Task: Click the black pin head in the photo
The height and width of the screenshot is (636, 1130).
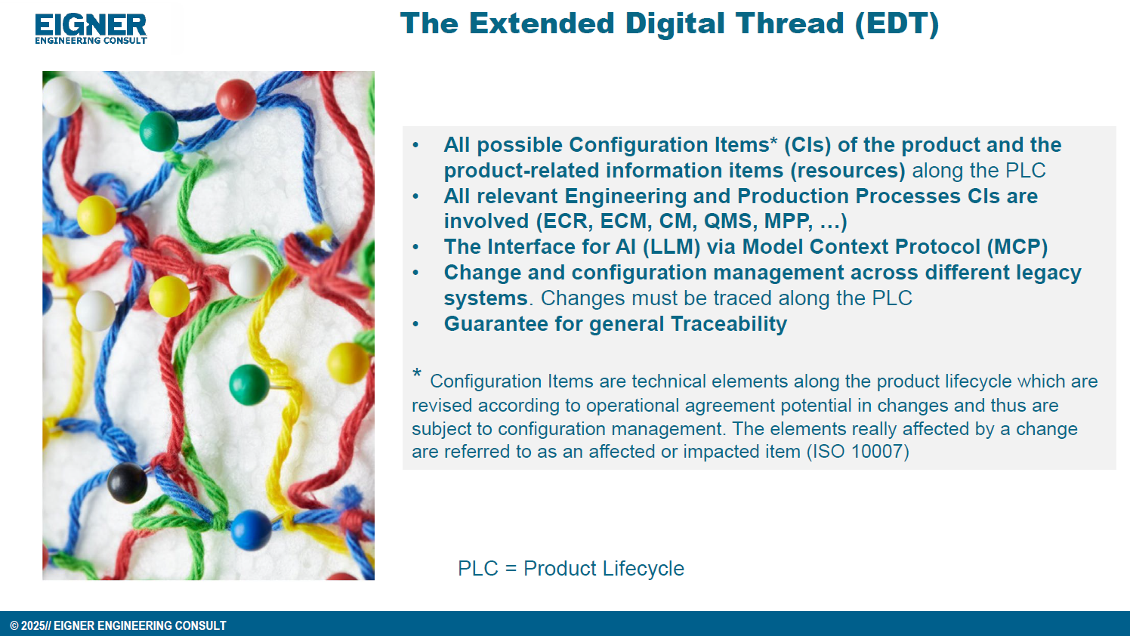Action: [x=127, y=483]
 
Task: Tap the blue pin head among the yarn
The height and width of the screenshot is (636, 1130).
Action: [x=251, y=530]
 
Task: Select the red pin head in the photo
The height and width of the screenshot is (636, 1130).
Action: [x=236, y=100]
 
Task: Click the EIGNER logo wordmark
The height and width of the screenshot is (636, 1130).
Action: [x=91, y=25]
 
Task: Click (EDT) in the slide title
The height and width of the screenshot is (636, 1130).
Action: [x=897, y=24]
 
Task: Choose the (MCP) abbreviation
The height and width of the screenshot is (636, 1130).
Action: [x=1017, y=247]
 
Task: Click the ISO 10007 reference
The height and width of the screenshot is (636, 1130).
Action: [x=857, y=452]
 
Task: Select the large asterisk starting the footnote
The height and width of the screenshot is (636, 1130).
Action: [x=417, y=374]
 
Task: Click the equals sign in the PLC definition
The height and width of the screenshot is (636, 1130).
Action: [x=511, y=569]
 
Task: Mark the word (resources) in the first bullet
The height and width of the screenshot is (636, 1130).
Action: [x=847, y=171]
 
